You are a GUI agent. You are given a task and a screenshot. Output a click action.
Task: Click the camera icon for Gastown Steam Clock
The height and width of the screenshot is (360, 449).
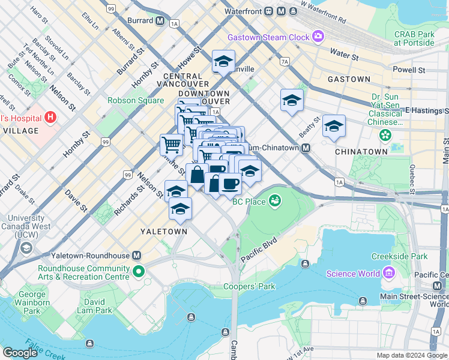[318, 37]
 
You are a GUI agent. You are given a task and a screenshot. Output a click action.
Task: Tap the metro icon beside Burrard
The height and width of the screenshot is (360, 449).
[160, 20]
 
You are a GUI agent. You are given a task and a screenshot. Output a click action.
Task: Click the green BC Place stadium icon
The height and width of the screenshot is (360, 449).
[276, 200]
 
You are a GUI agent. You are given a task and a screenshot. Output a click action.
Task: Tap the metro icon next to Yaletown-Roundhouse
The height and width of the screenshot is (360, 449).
[137, 255]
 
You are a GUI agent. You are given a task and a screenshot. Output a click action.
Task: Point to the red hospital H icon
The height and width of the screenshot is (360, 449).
[50, 118]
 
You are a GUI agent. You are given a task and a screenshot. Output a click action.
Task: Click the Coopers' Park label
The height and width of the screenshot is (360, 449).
[249, 286]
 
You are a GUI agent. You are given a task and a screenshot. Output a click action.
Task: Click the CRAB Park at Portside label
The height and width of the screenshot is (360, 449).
[414, 38]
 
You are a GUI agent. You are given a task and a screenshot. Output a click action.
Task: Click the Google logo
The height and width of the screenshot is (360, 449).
[20, 353]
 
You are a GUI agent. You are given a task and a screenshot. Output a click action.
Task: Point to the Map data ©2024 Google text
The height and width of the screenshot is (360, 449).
[411, 355]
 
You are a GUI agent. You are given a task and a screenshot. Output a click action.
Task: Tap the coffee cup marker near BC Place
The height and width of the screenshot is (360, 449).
[229, 183]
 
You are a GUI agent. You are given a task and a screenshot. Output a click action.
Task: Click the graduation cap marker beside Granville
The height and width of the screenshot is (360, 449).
[223, 61]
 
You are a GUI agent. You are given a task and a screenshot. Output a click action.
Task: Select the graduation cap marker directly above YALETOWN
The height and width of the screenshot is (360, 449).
[179, 209]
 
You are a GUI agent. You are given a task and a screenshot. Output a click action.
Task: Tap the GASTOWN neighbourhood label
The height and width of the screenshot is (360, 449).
[349, 79]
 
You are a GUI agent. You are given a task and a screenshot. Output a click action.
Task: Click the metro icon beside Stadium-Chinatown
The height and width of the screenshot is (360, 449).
[306, 148]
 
